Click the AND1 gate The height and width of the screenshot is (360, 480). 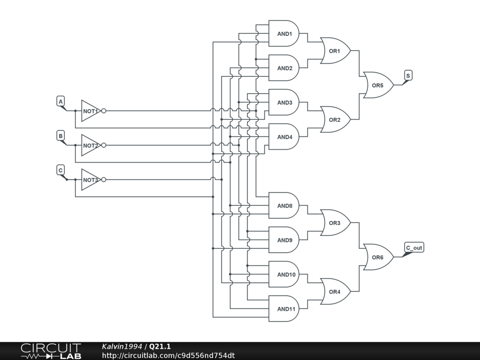tap(284, 34)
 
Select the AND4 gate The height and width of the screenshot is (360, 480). tap(284, 137)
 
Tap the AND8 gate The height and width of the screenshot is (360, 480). tap(284, 206)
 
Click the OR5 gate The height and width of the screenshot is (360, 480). tap(378, 85)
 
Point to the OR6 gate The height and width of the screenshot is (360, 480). tap(378, 257)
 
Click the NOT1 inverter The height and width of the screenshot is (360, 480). tap(90, 111)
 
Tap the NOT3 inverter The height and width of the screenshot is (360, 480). tap(90, 180)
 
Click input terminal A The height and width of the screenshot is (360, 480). tap(60, 101)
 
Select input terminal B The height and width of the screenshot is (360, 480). tap(60, 136)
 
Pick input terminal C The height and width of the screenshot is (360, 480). tap(60, 170)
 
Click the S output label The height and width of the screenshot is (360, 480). tap(408, 75)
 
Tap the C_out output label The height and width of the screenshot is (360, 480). tap(414, 247)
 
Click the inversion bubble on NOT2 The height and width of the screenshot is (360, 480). tap(104, 145)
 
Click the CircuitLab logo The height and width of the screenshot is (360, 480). tap(51, 351)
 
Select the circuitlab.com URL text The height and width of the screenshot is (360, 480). tap(168, 355)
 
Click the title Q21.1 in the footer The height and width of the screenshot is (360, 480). tap(160, 346)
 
